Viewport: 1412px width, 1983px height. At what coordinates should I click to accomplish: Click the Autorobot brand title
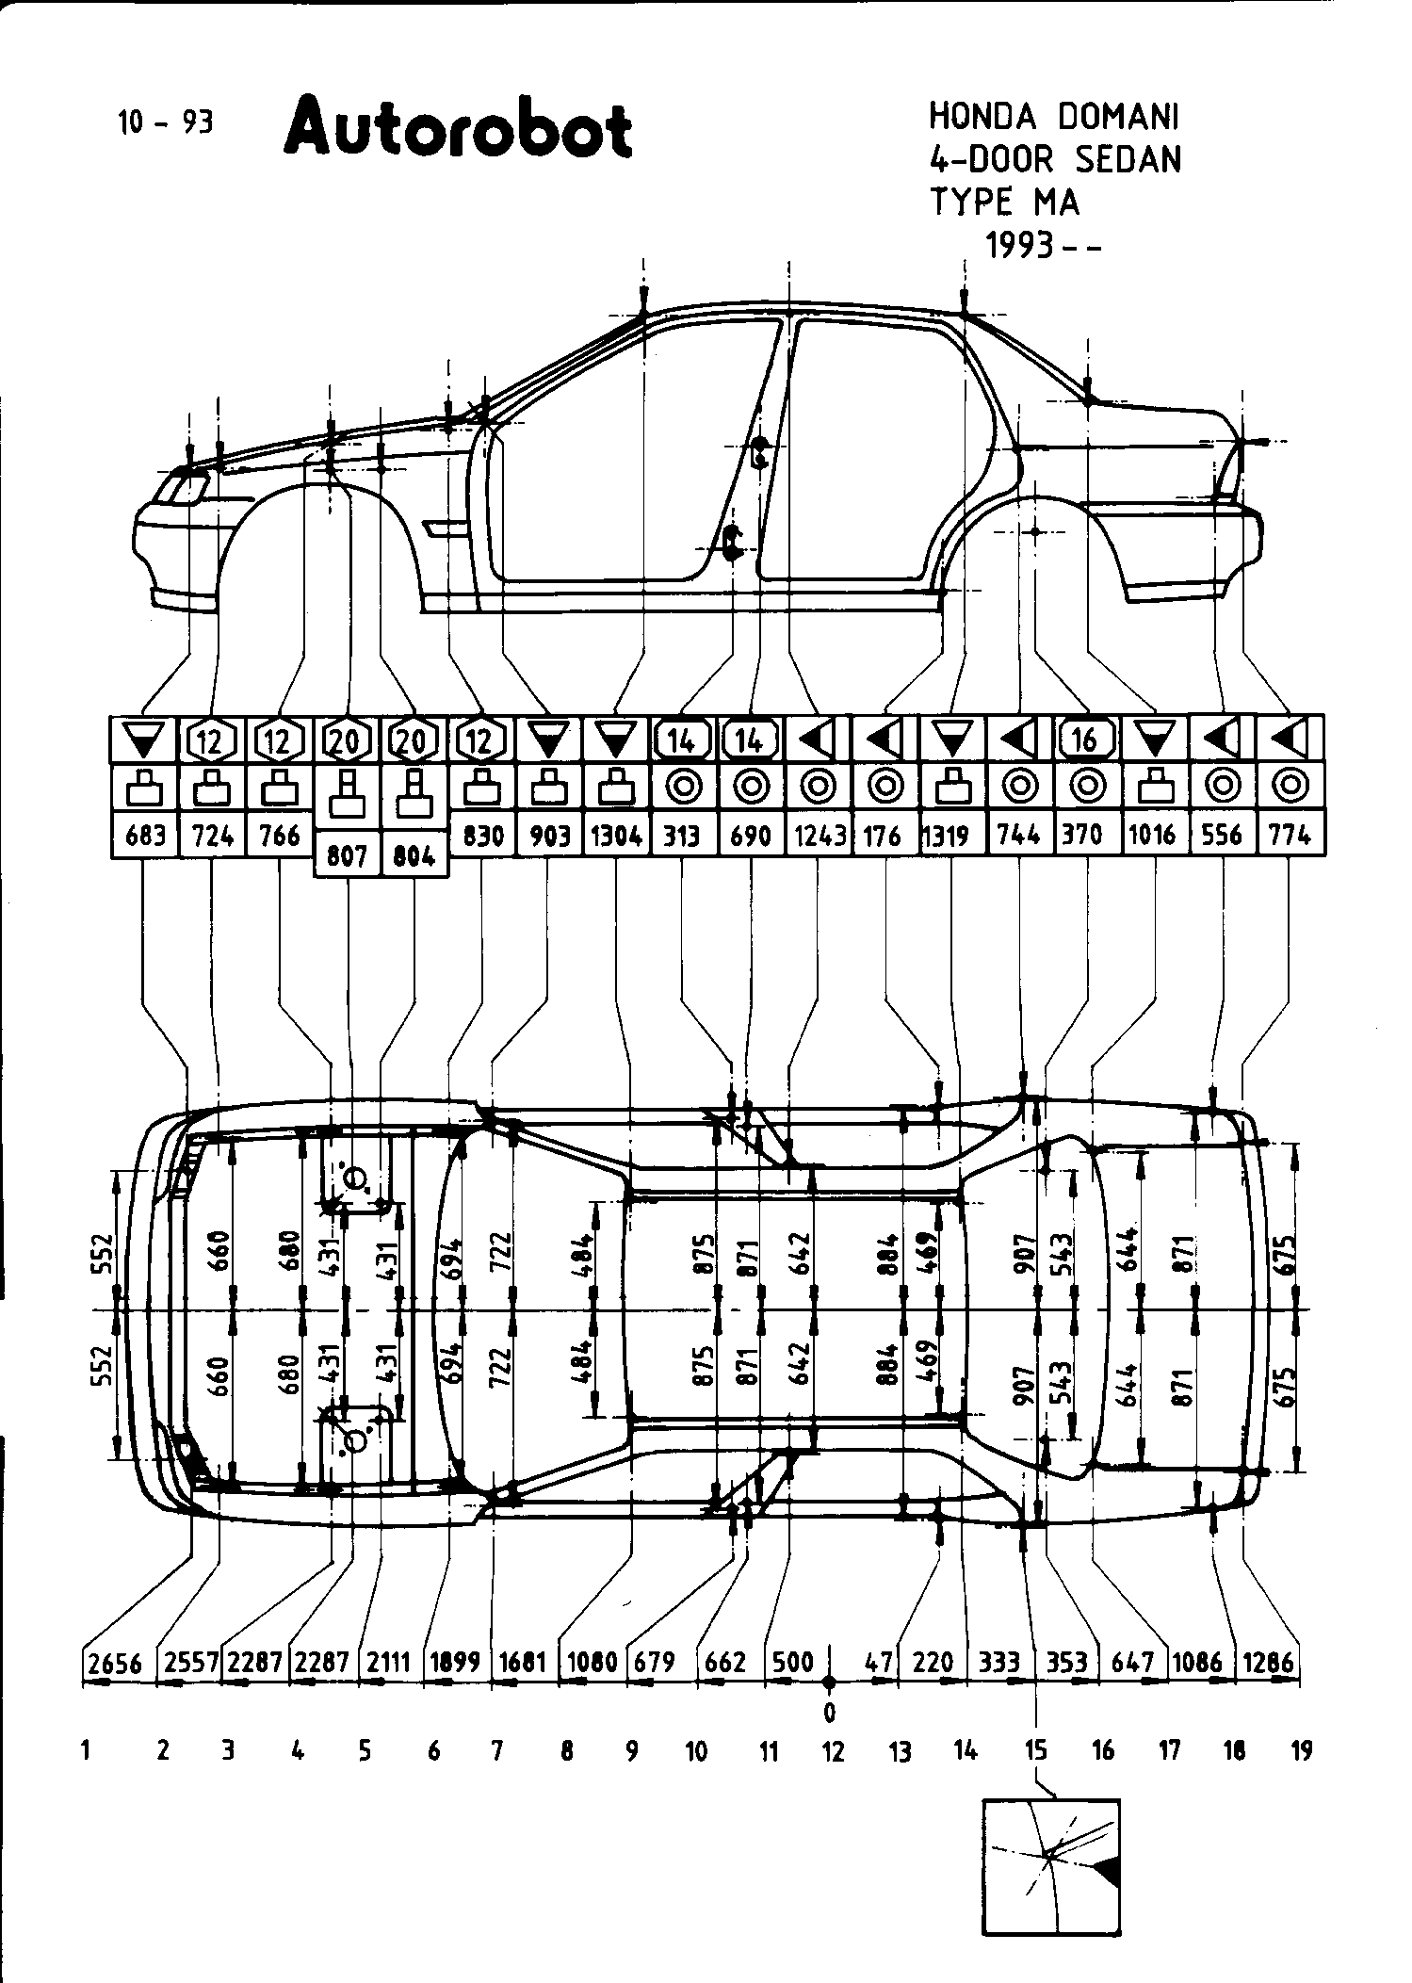tap(457, 129)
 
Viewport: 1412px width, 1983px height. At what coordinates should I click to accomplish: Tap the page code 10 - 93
tap(165, 122)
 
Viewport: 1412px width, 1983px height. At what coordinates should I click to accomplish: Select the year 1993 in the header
tap(1019, 246)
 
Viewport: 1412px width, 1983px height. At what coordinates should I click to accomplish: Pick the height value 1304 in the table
tap(616, 835)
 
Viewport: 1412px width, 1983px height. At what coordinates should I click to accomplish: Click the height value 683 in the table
tap(144, 835)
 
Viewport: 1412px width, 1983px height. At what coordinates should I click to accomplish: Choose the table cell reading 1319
tap(948, 835)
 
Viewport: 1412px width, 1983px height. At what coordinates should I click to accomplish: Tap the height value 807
tap(346, 855)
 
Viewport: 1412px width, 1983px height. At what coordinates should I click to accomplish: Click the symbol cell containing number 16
tap(1087, 740)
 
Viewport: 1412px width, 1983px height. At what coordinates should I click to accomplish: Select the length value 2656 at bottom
tap(114, 1663)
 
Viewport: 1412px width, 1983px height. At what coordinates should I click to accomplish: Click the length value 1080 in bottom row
tap(592, 1663)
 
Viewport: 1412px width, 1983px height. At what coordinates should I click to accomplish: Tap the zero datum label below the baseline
tap(829, 1711)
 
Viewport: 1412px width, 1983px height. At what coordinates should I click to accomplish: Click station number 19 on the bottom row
tap(1301, 1751)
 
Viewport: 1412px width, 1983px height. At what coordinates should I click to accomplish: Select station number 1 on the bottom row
tap(86, 1751)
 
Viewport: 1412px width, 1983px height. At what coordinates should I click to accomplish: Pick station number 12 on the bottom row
tap(833, 1751)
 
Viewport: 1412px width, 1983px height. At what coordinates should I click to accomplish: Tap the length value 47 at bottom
tap(878, 1663)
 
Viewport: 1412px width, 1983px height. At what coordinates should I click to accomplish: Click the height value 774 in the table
tap(1290, 835)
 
